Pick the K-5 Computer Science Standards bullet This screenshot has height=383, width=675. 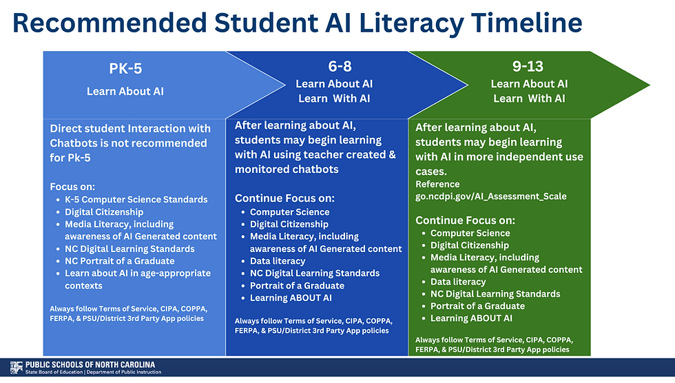tap(136, 199)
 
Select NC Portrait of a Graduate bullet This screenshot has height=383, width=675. tap(119, 261)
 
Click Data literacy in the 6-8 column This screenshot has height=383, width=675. tap(278, 261)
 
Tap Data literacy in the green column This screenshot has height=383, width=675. tap(458, 282)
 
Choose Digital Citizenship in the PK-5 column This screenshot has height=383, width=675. tap(104, 211)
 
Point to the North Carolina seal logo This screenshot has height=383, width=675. tap(15, 368)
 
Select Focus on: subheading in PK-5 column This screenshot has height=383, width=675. tap(72, 187)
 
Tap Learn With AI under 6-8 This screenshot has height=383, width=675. tap(334, 99)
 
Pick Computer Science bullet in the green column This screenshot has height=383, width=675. tap(470, 233)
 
